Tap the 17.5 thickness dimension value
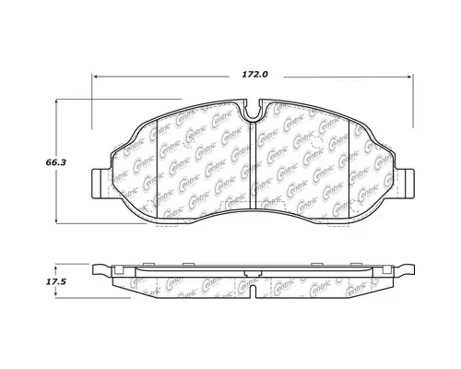41,284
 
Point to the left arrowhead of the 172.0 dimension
94,77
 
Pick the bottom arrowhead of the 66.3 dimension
61,222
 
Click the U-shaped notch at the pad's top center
254,111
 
